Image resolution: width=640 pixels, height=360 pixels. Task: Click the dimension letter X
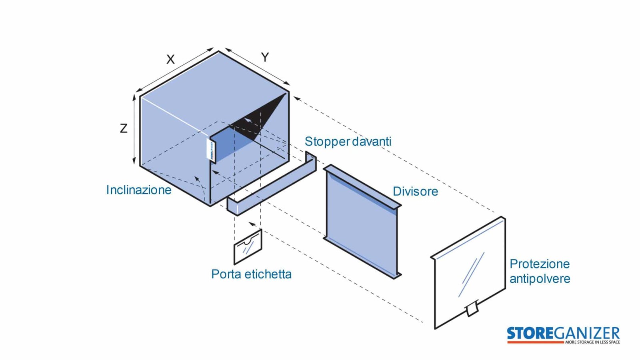170,60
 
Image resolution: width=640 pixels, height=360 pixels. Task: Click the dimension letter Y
265,58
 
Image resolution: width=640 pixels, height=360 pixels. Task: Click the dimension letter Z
124,128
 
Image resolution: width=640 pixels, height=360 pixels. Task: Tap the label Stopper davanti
348,142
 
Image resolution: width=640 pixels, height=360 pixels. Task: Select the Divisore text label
415,192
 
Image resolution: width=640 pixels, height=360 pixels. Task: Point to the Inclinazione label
138,190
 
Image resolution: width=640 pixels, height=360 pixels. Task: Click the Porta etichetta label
252,274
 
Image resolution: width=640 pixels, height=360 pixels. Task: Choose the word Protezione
540,264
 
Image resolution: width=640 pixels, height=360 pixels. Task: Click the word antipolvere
540,279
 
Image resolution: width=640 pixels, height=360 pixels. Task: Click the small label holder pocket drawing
248,247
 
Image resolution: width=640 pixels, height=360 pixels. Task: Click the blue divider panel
362,222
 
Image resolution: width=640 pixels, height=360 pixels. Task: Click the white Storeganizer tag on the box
210,150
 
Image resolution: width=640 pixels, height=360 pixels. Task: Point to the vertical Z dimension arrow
134,130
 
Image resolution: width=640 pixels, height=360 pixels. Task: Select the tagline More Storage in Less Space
592,342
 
